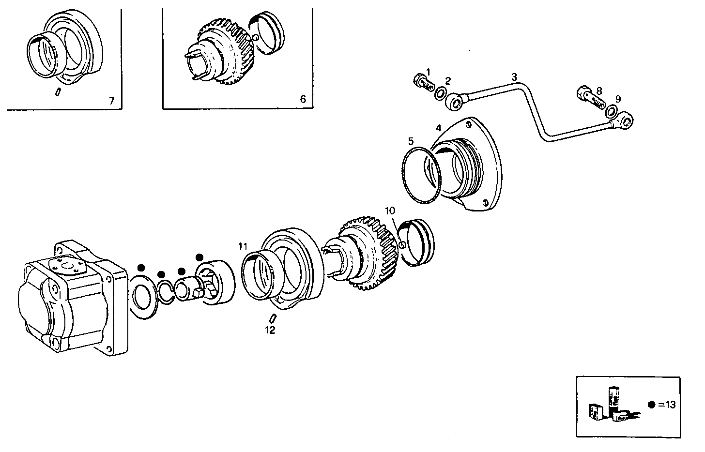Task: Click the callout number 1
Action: tap(428, 72)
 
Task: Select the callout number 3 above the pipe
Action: tap(514, 77)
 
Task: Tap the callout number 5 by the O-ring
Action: tap(411, 141)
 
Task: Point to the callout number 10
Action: tap(390, 211)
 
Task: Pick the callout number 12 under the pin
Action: tap(270, 330)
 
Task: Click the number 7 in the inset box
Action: tap(111, 101)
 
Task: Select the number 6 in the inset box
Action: tap(303, 99)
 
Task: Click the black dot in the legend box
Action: tap(652, 405)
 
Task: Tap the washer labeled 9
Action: tap(612, 112)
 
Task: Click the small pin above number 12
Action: tap(273, 318)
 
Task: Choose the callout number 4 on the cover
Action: tap(438, 128)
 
